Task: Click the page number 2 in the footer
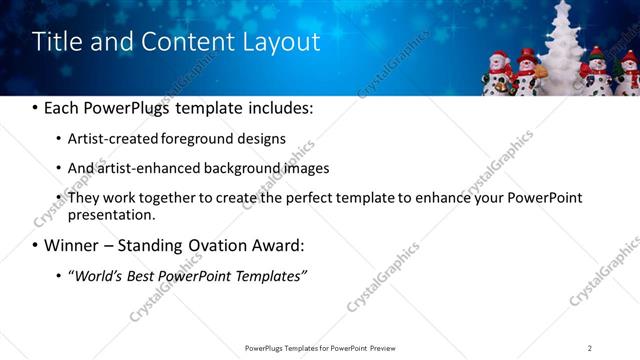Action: point(590,348)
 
